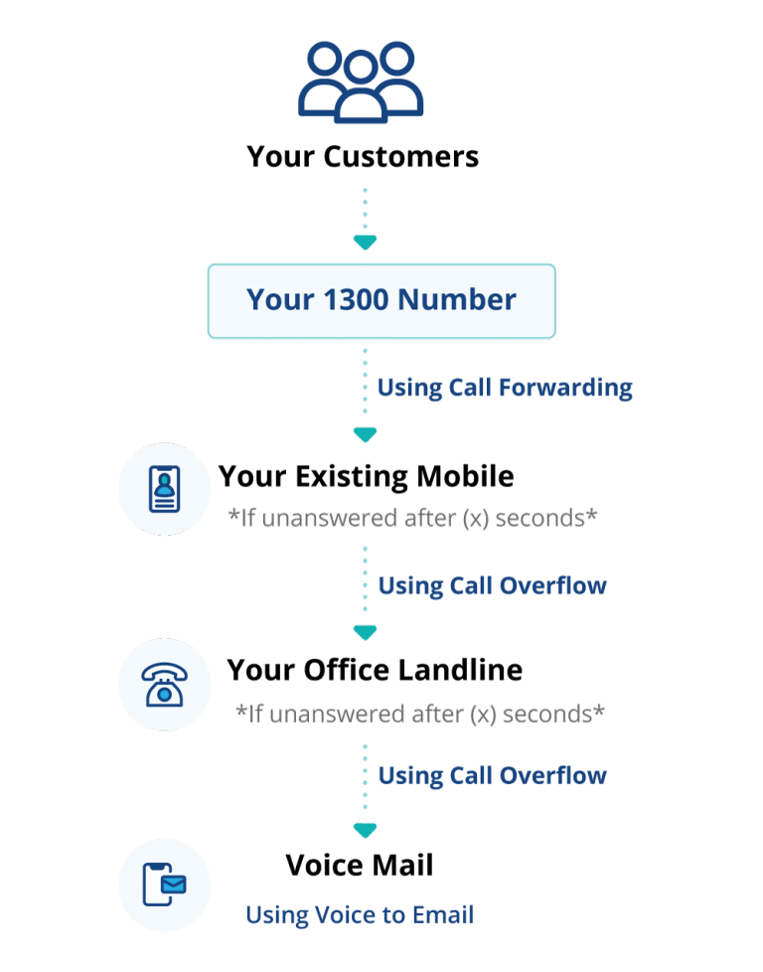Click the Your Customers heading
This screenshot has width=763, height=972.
coord(363,157)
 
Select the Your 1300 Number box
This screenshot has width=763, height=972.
coord(381,300)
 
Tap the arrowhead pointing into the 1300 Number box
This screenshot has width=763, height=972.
coord(365,243)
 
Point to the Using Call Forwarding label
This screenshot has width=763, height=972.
coord(505,387)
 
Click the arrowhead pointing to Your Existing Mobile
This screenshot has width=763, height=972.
coord(365,435)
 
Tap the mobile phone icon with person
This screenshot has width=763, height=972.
coord(163,490)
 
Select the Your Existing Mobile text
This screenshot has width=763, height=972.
coord(366,477)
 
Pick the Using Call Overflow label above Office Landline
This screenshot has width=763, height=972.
coord(492,585)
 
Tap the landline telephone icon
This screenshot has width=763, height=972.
coord(163,685)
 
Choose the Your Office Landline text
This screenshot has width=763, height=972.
coord(375,671)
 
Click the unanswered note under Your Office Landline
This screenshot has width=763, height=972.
coord(419,714)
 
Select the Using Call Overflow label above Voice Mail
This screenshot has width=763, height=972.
coord(492,774)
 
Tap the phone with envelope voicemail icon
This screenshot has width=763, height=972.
coord(163,884)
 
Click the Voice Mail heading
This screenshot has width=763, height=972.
coord(359,866)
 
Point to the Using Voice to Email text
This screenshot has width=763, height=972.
coord(360,914)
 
